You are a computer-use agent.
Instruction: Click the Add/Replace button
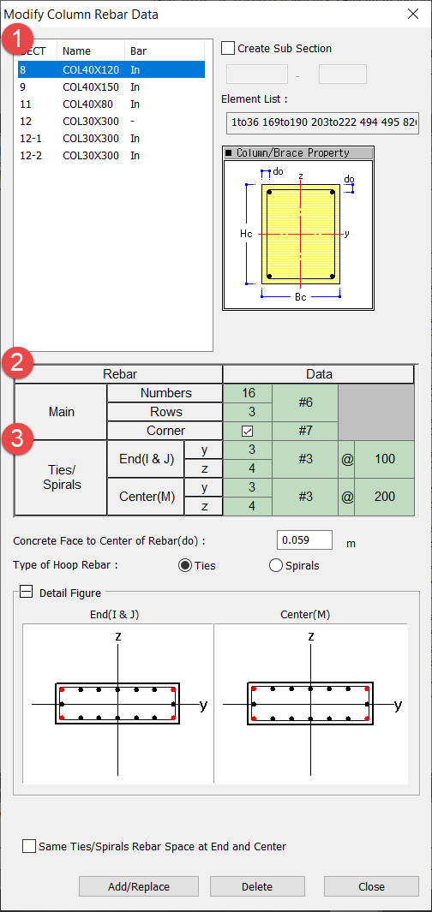pyautogui.click(x=139, y=886)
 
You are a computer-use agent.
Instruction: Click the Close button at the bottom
pyautogui.click(x=371, y=886)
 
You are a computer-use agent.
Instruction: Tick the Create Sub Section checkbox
pyautogui.click(x=229, y=48)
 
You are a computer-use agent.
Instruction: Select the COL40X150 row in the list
pyautogui.click(x=111, y=87)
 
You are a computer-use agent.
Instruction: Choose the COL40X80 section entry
pyautogui.click(x=111, y=104)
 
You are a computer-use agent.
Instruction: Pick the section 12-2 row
pyautogui.click(x=111, y=155)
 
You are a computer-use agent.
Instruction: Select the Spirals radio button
pyautogui.click(x=276, y=565)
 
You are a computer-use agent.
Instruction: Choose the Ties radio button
pyautogui.click(x=185, y=565)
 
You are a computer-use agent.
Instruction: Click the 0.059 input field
pyautogui.click(x=304, y=540)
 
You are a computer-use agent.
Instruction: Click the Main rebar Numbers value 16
pyautogui.click(x=248, y=393)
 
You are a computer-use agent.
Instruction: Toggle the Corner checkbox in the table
pyautogui.click(x=248, y=431)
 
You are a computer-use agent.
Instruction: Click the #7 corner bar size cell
pyautogui.click(x=304, y=431)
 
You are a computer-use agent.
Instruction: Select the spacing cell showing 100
pyautogui.click(x=384, y=460)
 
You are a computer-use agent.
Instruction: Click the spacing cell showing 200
pyautogui.click(x=384, y=497)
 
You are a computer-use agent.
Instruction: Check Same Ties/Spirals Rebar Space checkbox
pyautogui.click(x=28, y=846)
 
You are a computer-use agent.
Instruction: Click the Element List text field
pyautogui.click(x=322, y=123)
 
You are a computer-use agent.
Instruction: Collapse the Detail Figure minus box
pyautogui.click(x=27, y=592)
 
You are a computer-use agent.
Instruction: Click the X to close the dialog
pyautogui.click(x=413, y=14)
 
